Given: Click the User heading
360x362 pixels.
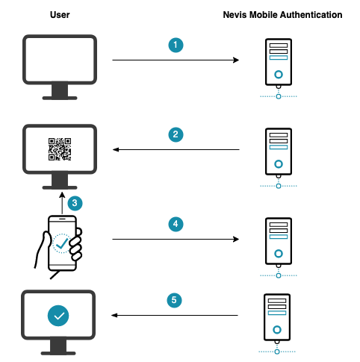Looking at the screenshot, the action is pos(60,15).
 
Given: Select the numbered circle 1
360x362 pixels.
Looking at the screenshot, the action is pos(176,45).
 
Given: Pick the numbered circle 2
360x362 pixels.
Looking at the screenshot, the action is pos(176,134).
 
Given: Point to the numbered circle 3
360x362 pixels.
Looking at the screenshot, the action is pos(75,203).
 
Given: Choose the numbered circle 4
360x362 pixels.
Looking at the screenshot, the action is pos(176,224).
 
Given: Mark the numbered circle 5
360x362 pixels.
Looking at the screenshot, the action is pos(174,300).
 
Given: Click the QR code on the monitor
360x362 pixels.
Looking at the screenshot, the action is pos(60,149).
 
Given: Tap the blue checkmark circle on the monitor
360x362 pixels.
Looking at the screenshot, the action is pos(58,316).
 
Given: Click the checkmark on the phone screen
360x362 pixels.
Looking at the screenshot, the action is pos(62,243).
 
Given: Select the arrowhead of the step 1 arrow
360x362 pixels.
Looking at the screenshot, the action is pos(236,60).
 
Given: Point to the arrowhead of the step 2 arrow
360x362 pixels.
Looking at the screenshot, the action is pos(116,149).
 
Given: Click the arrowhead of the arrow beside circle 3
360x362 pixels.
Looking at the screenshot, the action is pos(62,195).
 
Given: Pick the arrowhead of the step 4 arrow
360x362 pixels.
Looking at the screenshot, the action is pos(236,239).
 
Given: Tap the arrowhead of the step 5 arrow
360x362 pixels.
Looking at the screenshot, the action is pos(114,315).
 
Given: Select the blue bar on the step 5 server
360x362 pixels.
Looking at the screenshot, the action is pos(277,313).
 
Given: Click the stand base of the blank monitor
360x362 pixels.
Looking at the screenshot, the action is pos(60,98).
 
